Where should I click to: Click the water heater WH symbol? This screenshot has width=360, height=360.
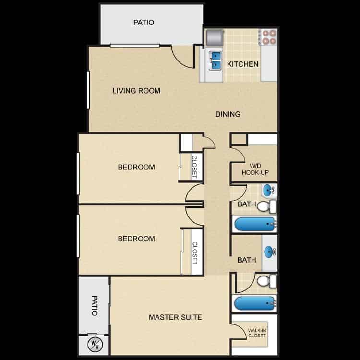[x=95, y=345]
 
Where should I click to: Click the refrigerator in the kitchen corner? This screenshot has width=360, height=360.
[x=214, y=37]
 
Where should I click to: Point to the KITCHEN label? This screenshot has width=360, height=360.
[x=243, y=64]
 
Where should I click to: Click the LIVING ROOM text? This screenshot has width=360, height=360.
[x=136, y=91]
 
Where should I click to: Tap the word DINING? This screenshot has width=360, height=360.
[x=228, y=114]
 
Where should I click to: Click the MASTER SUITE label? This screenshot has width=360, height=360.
[x=175, y=317]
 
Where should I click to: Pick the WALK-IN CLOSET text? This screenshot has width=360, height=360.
[x=257, y=333]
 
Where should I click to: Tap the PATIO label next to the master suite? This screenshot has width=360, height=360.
[x=94, y=305]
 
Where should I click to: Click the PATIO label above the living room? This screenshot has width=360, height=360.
[x=144, y=22]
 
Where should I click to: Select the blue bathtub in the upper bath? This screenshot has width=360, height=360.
[x=254, y=224]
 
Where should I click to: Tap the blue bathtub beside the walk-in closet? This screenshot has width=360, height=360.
[x=254, y=303]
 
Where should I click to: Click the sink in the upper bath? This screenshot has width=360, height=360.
[x=269, y=190]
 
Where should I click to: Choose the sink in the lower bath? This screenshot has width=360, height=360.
[x=269, y=251]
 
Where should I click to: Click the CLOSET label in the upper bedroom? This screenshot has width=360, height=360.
[x=194, y=167]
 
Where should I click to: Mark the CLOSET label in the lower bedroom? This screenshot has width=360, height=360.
[x=195, y=252]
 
